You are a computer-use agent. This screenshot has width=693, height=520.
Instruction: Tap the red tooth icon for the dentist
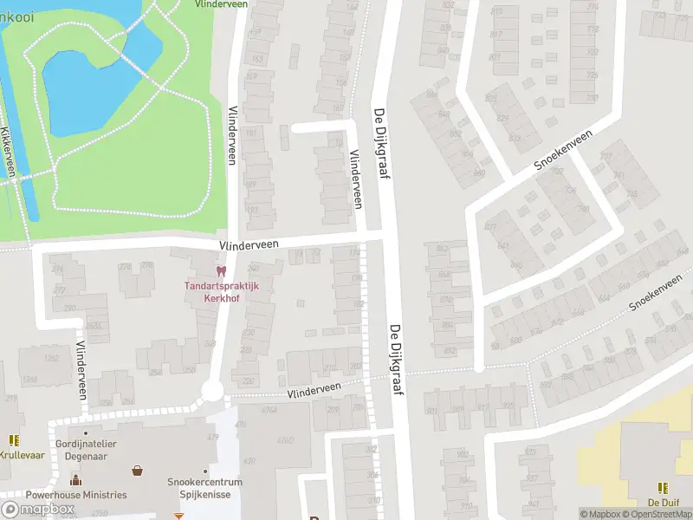[220, 272]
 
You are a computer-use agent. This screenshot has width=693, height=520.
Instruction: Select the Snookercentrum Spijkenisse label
[205, 488]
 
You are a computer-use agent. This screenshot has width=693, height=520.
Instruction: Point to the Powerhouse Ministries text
[76, 495]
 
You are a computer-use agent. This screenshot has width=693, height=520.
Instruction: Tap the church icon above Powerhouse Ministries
[75, 479]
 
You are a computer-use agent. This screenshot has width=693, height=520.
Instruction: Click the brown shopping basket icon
[137, 471]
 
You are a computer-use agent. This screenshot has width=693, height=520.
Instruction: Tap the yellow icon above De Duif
[663, 488]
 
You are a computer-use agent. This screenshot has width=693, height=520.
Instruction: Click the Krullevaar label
[22, 454]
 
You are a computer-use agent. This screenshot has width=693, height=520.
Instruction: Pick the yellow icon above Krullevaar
[14, 440]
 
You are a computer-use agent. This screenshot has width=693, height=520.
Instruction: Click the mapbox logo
[37, 509]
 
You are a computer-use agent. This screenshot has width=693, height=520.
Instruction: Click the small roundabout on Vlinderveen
[212, 391]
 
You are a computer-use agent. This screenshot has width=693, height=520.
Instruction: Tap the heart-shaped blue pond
[87, 82]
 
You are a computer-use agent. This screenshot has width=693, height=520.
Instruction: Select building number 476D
[283, 440]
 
